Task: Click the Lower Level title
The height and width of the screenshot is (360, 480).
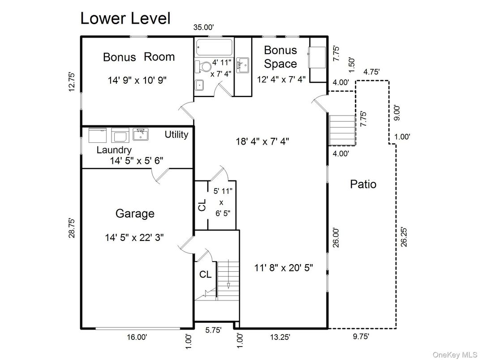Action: [x=125, y=18]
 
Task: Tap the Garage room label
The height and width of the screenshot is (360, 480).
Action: [x=135, y=214]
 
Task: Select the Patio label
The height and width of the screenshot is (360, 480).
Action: [x=363, y=184]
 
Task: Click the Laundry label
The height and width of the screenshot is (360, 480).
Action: [x=114, y=150]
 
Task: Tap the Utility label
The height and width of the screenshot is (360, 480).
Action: [x=176, y=135]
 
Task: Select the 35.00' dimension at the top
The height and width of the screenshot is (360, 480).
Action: [x=203, y=27]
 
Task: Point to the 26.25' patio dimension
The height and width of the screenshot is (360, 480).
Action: [x=404, y=236]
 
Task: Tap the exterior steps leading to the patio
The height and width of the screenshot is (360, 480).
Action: [x=342, y=130]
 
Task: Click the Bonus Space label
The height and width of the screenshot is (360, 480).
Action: [x=280, y=57]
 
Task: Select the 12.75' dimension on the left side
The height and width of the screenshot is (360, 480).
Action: [x=72, y=81]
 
